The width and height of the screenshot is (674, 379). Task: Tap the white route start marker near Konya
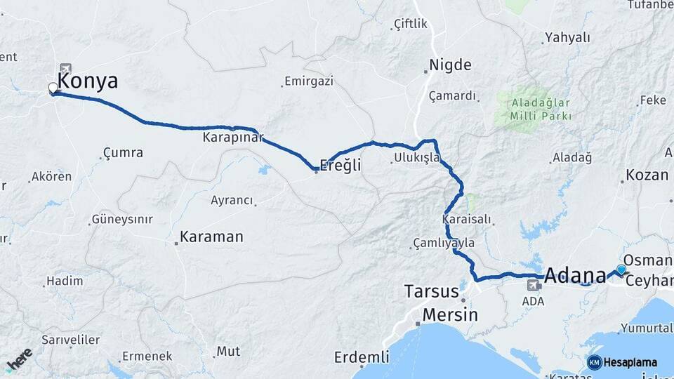click(53, 89)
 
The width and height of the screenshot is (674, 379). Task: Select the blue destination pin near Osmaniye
click(621, 270)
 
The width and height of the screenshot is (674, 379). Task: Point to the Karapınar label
click(233, 137)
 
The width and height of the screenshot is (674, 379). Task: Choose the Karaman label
click(211, 237)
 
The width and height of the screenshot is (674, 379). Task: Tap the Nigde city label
click(450, 65)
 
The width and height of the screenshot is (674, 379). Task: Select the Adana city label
click(574, 274)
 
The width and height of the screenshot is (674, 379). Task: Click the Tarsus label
click(431, 291)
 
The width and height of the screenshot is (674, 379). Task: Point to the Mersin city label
click(449, 314)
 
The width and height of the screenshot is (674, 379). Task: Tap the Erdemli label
click(362, 357)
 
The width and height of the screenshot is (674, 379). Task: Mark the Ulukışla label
click(417, 158)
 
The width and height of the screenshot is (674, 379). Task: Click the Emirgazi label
click(310, 81)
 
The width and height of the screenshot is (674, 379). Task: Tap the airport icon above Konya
click(66, 68)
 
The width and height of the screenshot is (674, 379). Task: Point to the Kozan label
click(646, 175)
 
